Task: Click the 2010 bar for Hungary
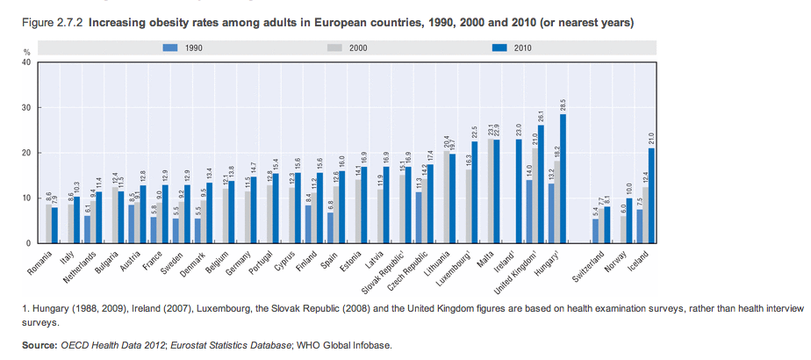563,178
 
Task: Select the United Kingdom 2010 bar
542,184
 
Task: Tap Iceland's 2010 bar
651,195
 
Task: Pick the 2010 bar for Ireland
519,191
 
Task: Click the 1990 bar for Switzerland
595,230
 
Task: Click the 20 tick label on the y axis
26,153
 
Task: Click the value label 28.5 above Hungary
563,104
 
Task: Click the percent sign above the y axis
26,54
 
